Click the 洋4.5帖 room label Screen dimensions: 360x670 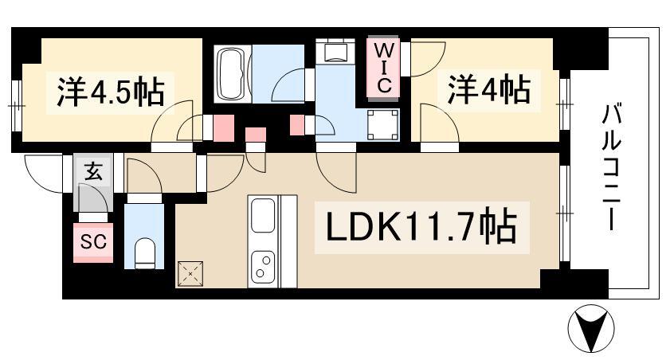tap(109, 92)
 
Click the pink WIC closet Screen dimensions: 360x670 tap(383, 67)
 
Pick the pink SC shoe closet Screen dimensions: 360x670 tap(93, 241)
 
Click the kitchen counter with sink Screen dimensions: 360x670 tap(264, 241)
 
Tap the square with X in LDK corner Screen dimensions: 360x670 tap(191, 274)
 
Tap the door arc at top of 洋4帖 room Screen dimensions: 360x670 tap(428, 59)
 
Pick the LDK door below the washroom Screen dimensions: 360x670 tap(337, 168)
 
